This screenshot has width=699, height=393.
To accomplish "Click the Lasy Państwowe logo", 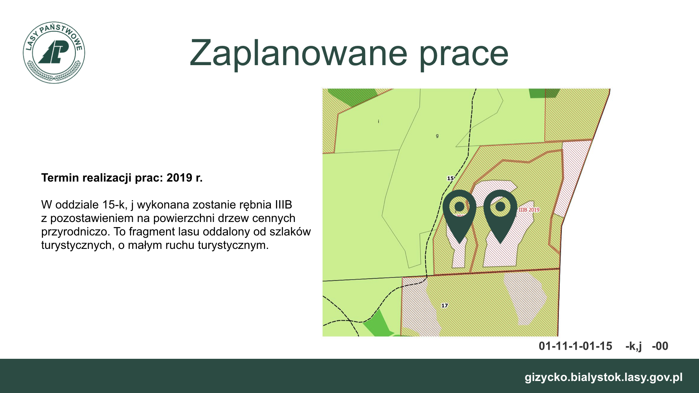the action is click(54, 52).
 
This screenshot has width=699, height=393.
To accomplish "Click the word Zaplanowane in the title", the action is click(298, 53).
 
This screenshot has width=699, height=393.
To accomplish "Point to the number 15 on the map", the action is click(450, 178).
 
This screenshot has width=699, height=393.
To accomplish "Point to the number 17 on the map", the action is click(445, 305).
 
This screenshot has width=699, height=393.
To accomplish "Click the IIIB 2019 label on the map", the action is click(529, 210).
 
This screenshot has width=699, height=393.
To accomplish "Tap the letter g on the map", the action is click(437, 136).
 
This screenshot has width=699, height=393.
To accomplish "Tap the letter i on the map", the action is click(379, 121).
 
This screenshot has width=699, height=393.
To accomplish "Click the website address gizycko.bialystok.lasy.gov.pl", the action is click(604, 377).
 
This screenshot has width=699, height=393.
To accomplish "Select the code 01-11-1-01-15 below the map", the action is click(576, 346).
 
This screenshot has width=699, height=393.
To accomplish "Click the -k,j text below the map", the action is click(633, 346).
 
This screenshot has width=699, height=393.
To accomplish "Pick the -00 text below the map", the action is click(660, 346).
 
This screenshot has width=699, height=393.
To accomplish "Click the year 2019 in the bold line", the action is click(179, 178).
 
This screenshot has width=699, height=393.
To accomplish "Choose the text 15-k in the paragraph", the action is click(114, 205).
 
